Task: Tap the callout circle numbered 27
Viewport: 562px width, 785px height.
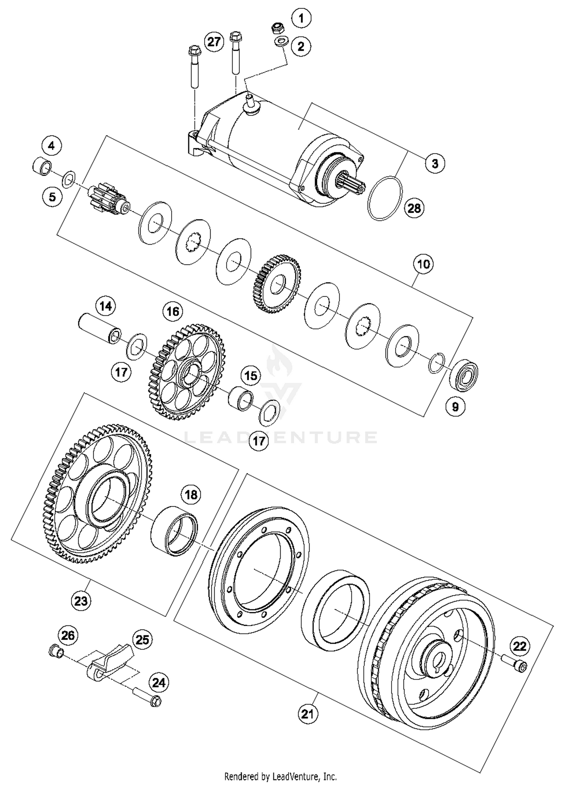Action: pos(214,41)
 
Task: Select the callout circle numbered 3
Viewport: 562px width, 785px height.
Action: pos(435,164)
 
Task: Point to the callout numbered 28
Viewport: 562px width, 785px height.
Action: pos(414,208)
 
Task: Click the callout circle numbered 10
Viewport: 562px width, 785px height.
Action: pos(423,264)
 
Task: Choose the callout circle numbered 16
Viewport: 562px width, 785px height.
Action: pos(173,312)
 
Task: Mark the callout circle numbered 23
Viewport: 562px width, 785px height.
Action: pos(81,601)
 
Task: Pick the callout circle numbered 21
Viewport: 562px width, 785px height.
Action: pos(308,714)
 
